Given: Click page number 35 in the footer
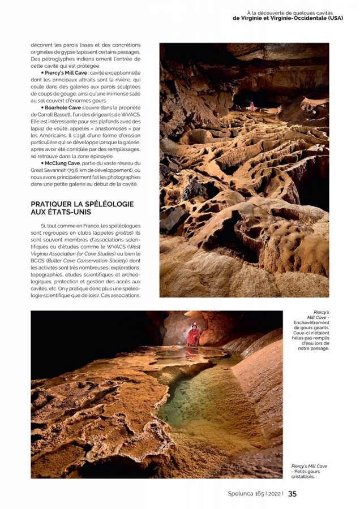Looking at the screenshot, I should [292, 493].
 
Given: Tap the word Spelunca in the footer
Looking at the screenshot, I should [240, 494].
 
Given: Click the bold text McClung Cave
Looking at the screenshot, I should [63, 163].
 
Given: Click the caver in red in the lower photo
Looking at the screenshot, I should [194, 336].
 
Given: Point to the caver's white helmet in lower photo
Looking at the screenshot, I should [194, 325].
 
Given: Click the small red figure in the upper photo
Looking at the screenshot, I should [252, 106].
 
